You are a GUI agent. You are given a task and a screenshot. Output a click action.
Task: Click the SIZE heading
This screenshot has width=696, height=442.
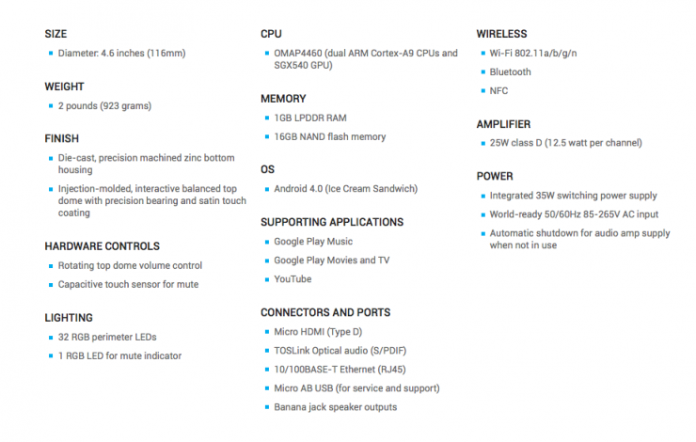tap(55, 34)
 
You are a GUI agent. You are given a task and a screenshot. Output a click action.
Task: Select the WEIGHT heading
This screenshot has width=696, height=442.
tap(64, 87)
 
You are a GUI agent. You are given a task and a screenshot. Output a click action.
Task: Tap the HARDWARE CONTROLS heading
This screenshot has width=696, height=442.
tap(102, 246)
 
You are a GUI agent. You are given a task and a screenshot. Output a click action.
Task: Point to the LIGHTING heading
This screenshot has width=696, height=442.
tap(69, 318)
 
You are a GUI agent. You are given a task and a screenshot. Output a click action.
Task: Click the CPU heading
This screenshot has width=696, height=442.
tap(271, 34)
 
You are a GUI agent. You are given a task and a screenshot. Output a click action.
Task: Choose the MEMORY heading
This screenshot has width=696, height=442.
tap(283, 99)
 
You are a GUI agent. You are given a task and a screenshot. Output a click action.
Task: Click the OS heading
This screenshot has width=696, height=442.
tap(267, 170)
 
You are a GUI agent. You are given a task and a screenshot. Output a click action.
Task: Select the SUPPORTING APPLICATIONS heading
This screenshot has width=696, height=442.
tap(331, 223)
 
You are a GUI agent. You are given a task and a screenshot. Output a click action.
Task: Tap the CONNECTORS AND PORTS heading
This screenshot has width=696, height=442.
tap(324, 312)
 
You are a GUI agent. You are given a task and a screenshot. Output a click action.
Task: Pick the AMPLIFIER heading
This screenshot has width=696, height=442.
tap(503, 124)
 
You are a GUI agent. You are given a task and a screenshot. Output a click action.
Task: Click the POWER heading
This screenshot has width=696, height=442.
tap(495, 176)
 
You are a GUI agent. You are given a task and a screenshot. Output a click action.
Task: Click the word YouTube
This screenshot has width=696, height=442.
tap(293, 279)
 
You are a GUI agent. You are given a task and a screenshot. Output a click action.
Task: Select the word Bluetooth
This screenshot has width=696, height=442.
tap(510, 72)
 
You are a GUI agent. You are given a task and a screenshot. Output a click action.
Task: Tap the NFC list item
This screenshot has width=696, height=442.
tap(499, 90)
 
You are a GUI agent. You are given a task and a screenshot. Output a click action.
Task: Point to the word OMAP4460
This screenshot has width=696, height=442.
tap(298, 54)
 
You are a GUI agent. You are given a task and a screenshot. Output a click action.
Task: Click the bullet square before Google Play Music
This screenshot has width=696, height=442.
tap(265, 242)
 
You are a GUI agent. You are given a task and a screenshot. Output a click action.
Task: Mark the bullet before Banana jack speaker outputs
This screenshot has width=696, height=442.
tap(265, 407)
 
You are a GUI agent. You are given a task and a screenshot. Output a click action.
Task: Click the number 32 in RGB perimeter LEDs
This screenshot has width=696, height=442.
tap(63, 337)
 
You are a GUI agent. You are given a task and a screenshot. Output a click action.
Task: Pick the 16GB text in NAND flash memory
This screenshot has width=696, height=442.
tap(287, 137)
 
